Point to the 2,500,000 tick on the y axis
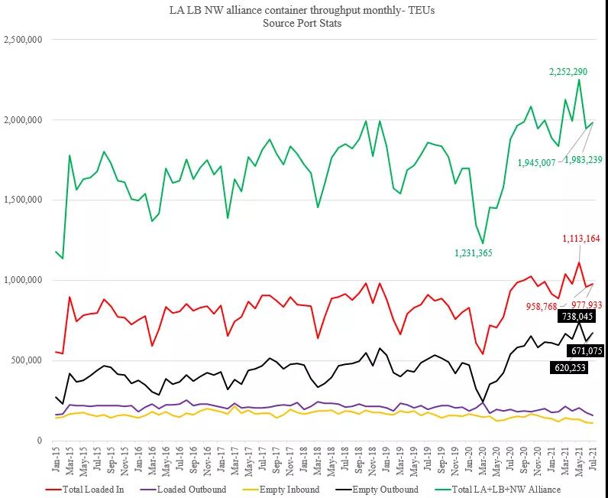point(22,40)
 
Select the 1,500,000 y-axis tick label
point(22,200)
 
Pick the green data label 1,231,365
point(480,253)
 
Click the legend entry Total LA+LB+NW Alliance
point(507,489)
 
